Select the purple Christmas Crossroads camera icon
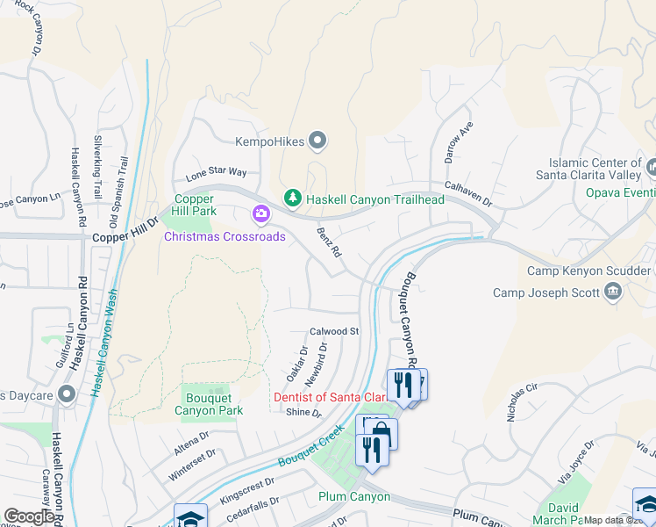pos(260,213)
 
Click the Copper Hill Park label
pos(195,206)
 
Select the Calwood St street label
pos(335,332)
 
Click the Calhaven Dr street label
pos(468,194)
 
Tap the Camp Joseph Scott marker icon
pos(613,292)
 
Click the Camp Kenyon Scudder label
pos(590,271)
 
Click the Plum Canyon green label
pos(353,497)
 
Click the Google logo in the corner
pos(29,516)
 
